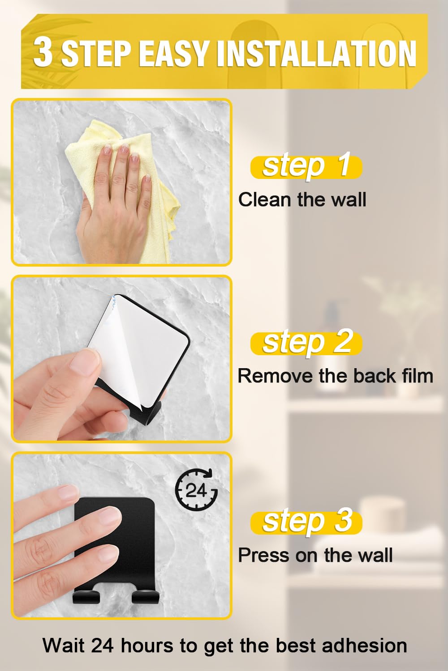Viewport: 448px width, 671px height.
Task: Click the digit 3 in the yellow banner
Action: coord(43,53)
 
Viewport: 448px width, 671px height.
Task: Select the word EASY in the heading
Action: coord(173,53)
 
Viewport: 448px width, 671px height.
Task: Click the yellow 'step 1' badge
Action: coord(306,167)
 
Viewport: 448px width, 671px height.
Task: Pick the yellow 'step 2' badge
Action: coord(306,343)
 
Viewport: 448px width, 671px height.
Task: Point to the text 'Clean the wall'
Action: coord(302,200)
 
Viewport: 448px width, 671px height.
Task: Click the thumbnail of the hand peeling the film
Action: coord(121,359)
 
